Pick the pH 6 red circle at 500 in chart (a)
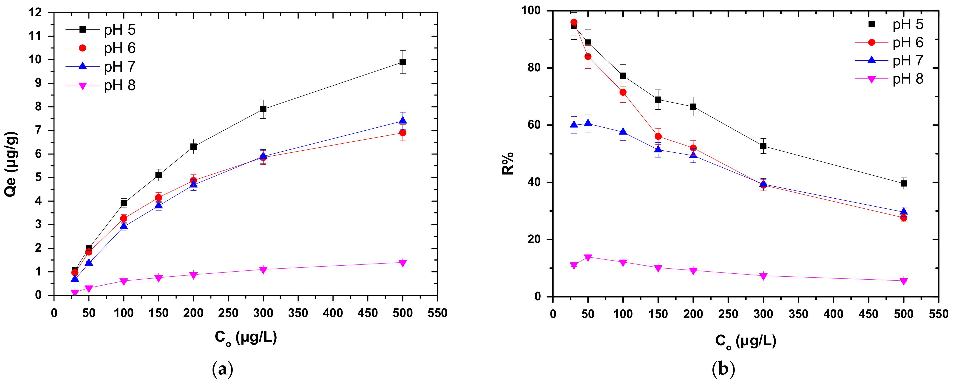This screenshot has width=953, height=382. pos(403,132)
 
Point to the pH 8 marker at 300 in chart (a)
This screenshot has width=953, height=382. pos(263,270)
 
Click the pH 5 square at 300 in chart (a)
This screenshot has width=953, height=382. pos(263,109)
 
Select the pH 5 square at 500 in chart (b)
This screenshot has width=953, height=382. pos(903,183)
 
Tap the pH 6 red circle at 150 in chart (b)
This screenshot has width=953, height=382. pos(658,136)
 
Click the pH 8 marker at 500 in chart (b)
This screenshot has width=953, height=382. pos(903,281)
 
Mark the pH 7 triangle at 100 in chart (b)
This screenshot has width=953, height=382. pos(623,132)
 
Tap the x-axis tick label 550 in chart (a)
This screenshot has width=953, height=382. pos(437,313)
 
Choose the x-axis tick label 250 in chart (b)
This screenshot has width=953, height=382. pos(728,314)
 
